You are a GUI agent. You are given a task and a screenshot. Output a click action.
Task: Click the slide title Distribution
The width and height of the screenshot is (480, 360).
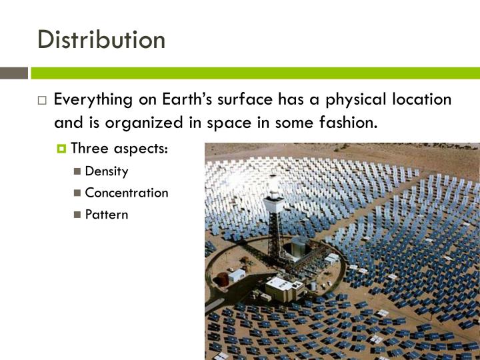click(x=101, y=39)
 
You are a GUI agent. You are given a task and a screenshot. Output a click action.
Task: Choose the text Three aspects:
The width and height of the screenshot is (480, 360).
click(x=119, y=148)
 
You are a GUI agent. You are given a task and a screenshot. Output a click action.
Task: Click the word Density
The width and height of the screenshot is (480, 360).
click(x=107, y=171)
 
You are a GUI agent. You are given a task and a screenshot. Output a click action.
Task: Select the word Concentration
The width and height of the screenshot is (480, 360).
click(x=127, y=193)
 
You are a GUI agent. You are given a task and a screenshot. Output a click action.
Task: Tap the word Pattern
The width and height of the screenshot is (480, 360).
click(x=107, y=215)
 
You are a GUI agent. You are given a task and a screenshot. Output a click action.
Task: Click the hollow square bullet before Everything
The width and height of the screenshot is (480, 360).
click(x=42, y=101)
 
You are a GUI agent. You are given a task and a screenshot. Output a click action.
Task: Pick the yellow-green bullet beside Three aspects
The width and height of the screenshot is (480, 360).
click(x=62, y=149)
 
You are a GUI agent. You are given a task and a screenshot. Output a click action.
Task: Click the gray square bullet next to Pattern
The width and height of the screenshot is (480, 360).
click(x=78, y=215)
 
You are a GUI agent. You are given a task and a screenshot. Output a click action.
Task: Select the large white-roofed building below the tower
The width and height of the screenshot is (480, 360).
click(x=284, y=287)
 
